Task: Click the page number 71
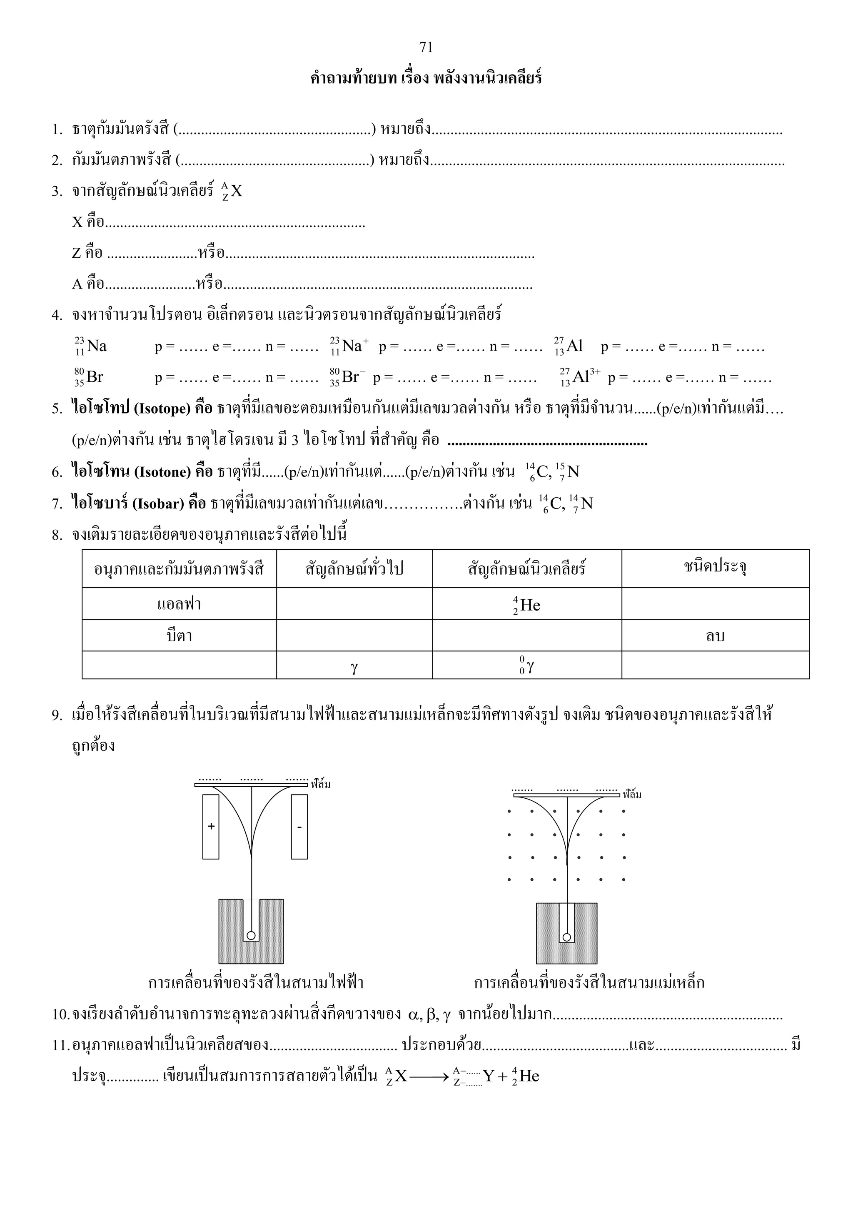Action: tap(426, 47)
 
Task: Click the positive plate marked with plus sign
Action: tap(211, 826)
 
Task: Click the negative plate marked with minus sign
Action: tap(299, 826)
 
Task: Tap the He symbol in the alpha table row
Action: tap(527, 605)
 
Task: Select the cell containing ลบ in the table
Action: tap(715, 635)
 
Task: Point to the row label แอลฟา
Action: tap(179, 604)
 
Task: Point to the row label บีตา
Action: tap(179, 635)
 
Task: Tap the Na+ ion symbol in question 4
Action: tap(350, 346)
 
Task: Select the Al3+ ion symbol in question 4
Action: tap(580, 377)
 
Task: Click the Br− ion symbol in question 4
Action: tap(348, 377)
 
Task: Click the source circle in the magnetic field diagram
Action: tap(566, 937)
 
